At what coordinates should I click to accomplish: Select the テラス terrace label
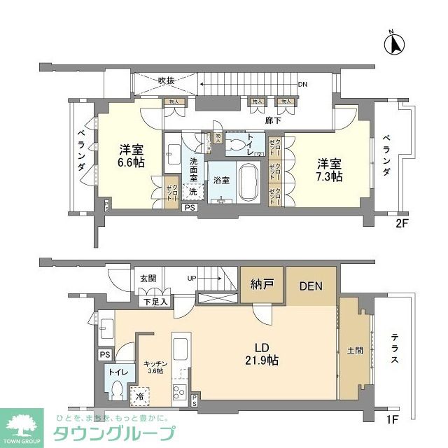[394, 350]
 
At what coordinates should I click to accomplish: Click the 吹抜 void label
[165, 80]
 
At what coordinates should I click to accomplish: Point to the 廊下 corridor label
[274, 120]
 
